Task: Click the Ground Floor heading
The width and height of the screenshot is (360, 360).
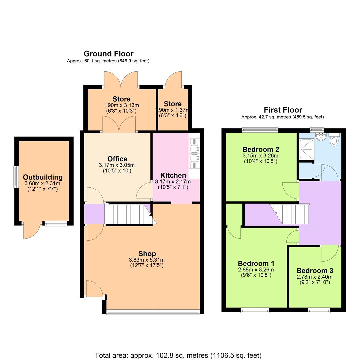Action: [108, 54]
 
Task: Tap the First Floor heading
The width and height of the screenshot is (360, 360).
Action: [283, 110]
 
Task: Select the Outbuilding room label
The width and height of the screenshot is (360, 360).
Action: [43, 177]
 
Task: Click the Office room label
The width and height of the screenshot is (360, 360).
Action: [117, 159]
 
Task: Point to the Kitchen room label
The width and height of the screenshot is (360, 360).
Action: [173, 176]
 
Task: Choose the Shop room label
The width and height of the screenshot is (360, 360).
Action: [147, 254]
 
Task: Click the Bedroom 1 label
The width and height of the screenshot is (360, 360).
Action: [256, 264]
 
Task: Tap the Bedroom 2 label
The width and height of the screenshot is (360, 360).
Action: [260, 149]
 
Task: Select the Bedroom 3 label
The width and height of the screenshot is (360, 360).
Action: [315, 271]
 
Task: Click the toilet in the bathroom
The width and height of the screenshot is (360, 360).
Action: [334, 140]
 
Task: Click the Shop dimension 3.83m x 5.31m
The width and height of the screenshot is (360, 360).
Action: [147, 260]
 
